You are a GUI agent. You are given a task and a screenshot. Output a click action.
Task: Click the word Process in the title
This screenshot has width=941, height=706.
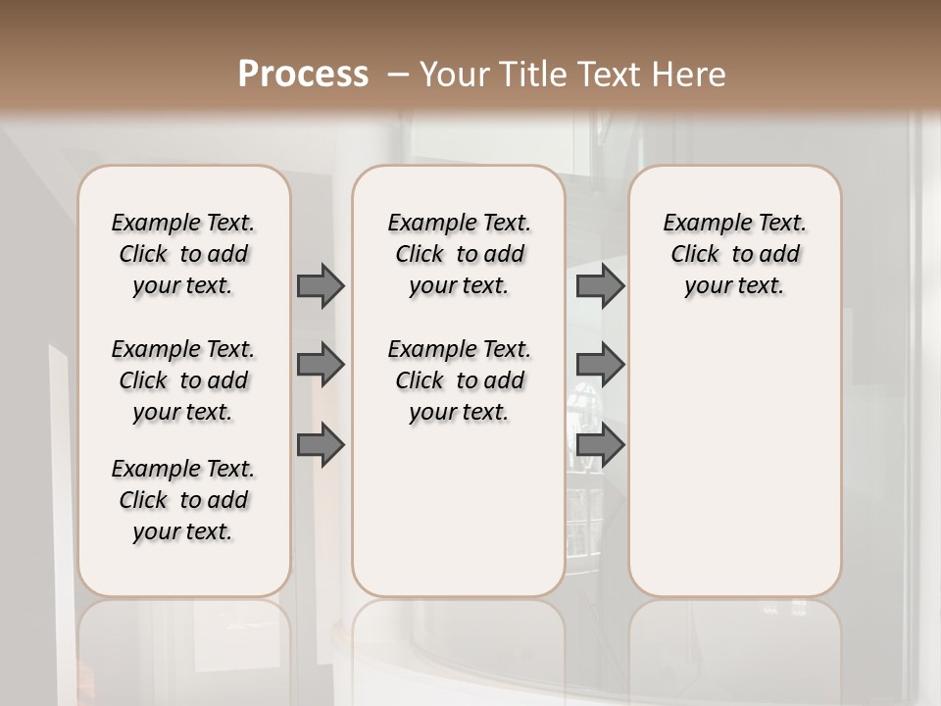[x=303, y=75]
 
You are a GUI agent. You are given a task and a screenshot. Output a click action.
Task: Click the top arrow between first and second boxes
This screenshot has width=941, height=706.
[x=321, y=285]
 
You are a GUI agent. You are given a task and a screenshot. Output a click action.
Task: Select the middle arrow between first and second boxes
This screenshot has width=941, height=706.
[x=321, y=365]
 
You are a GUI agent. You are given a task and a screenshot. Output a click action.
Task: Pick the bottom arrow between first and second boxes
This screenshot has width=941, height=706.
[x=321, y=446]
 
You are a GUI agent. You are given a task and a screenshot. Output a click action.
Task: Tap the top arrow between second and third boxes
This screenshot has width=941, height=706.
[x=600, y=285]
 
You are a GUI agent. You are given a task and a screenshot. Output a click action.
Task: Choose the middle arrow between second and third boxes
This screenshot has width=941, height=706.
[x=600, y=365]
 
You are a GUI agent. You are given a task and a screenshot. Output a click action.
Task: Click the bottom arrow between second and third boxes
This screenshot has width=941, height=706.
[x=600, y=446]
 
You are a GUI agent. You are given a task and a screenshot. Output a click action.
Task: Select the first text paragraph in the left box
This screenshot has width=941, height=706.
[x=183, y=254]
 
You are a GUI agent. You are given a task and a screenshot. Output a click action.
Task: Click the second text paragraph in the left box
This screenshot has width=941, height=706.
[x=183, y=380]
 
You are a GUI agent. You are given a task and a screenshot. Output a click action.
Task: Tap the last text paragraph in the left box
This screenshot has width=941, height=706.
[x=183, y=500]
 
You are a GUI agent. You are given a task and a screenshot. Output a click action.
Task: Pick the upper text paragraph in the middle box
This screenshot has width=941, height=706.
[x=459, y=254]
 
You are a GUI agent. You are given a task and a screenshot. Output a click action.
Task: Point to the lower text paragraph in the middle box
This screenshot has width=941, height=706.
[x=459, y=380]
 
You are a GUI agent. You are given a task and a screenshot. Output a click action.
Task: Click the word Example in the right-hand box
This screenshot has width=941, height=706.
[x=699, y=224]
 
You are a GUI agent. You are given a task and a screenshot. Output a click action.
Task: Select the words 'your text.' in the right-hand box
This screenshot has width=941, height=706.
[x=734, y=286]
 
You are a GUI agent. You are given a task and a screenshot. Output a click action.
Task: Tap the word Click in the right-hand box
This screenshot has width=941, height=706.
[x=695, y=255]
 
